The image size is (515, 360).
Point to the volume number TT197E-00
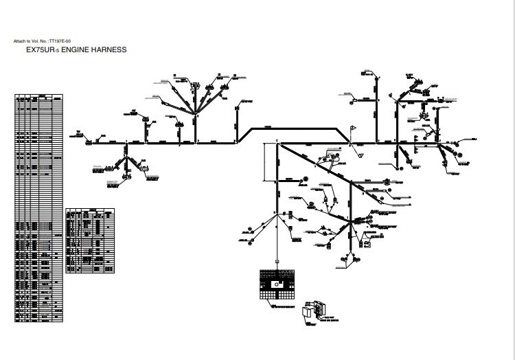pos(60,42)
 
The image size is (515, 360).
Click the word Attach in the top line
pos(19,42)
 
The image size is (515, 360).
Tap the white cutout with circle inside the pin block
pos(277,282)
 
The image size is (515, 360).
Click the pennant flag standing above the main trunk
pos(354,128)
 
